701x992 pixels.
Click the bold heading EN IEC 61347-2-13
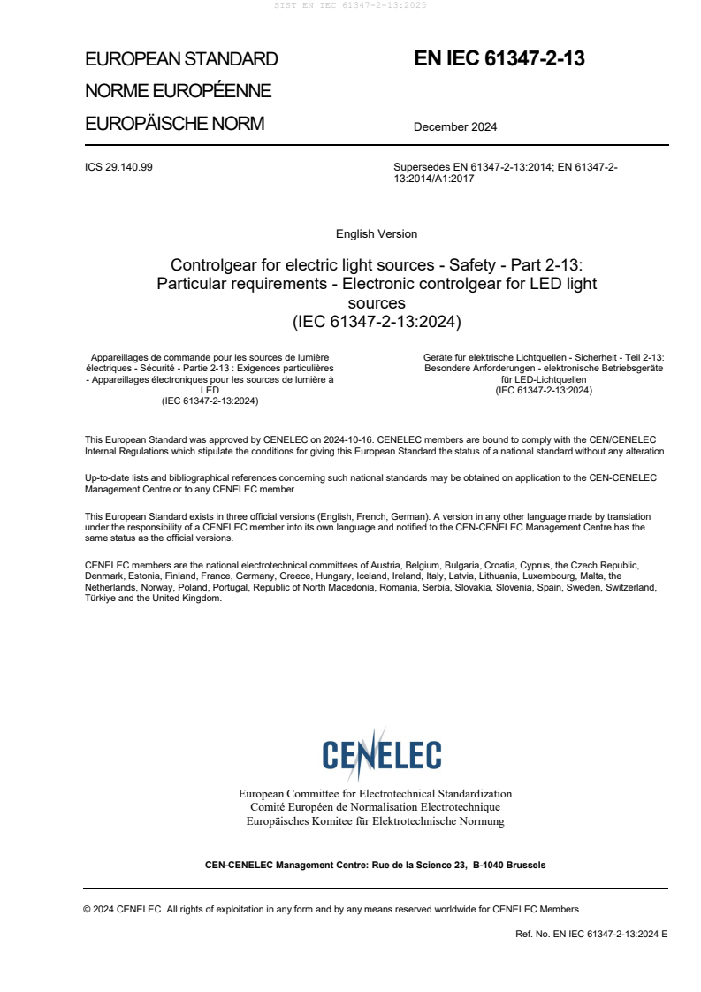pyautogui.click(x=499, y=59)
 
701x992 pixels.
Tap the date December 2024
pyautogui.click(x=455, y=126)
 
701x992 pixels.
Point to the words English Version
pyautogui.click(x=377, y=234)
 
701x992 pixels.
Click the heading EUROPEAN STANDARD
pyautogui.click(x=181, y=59)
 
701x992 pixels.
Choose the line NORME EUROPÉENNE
pyautogui.click(x=178, y=91)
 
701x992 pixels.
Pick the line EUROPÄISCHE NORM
pyautogui.click(x=174, y=124)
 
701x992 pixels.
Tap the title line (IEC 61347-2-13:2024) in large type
pyautogui.click(x=377, y=322)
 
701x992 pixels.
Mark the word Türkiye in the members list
pyautogui.click(x=100, y=599)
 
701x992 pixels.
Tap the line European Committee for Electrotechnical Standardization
pyautogui.click(x=375, y=794)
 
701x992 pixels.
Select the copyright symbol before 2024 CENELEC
pyautogui.click(x=88, y=909)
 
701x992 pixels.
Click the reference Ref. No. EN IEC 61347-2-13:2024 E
pyautogui.click(x=591, y=934)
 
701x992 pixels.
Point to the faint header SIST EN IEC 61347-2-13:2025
pyautogui.click(x=350, y=5)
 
